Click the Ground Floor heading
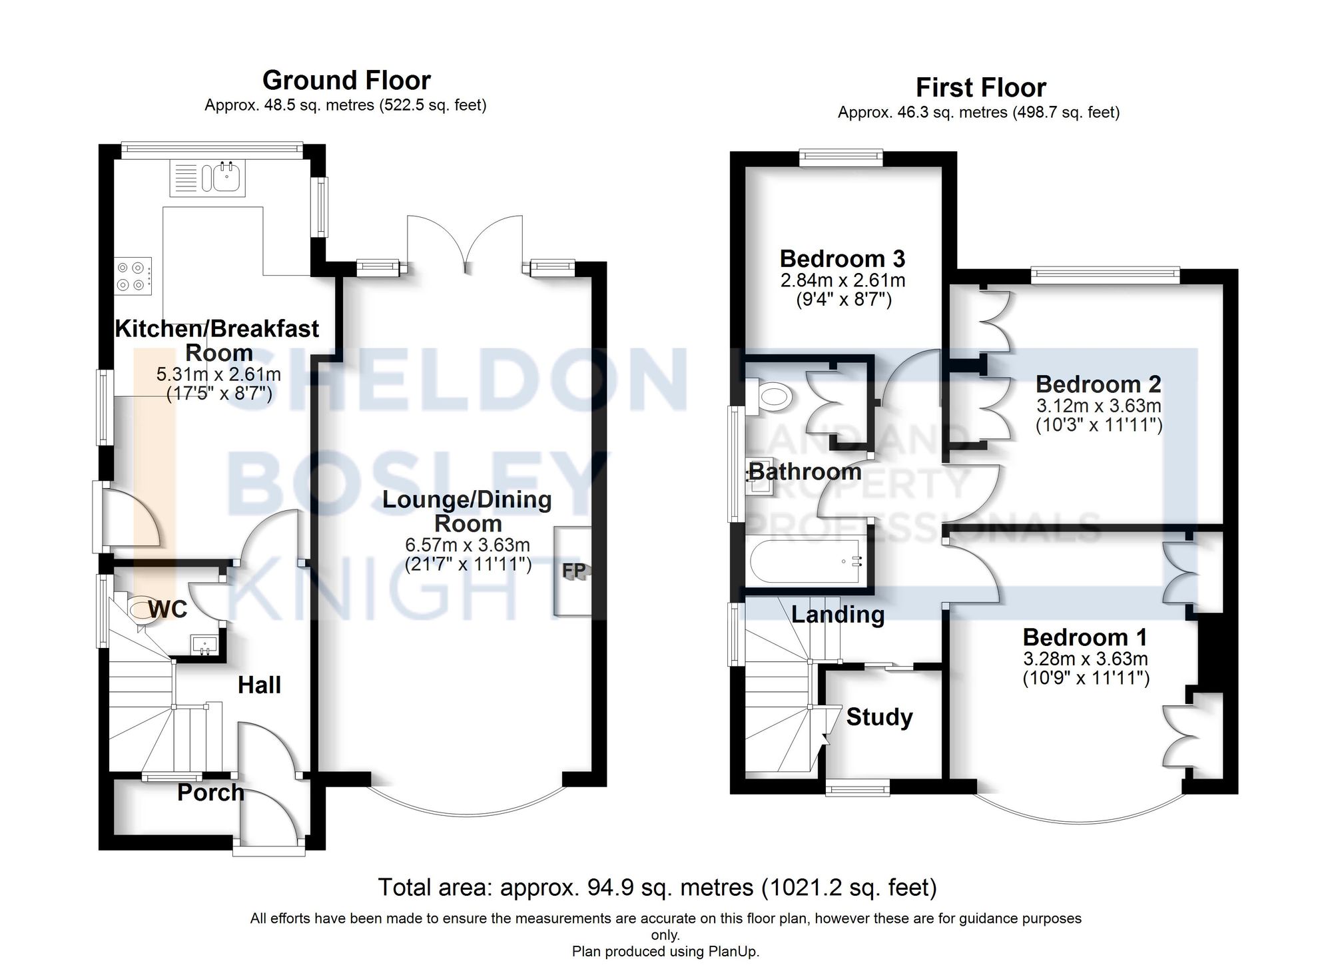[x=346, y=81]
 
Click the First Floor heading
[x=980, y=88]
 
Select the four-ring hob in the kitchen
[x=132, y=276]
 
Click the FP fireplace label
[x=574, y=571]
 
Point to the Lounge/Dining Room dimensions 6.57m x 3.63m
[x=468, y=545]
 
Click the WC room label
[x=167, y=609]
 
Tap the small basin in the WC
[x=205, y=645]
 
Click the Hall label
[x=259, y=685]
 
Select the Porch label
[x=210, y=793]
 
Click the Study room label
[x=879, y=717]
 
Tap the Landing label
[x=838, y=614]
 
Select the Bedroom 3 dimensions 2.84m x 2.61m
[x=842, y=280]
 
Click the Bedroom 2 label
[x=1098, y=384]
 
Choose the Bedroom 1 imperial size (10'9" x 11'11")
[x=1086, y=679]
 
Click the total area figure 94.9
[x=607, y=888]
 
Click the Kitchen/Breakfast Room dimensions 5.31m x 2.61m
[x=218, y=374]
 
